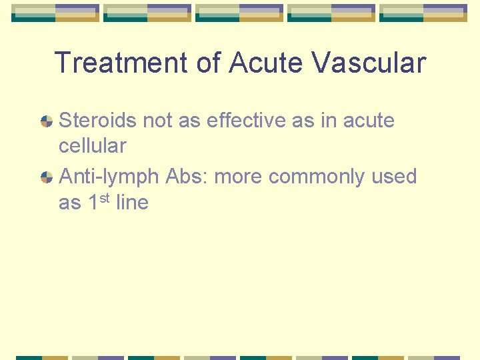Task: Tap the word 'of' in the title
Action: tap(208, 63)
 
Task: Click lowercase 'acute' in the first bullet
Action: tap(369, 121)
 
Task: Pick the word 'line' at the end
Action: tap(132, 202)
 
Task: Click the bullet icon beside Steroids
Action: tap(47, 121)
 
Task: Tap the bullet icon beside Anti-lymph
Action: tap(47, 177)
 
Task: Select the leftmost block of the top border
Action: tap(55, 13)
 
